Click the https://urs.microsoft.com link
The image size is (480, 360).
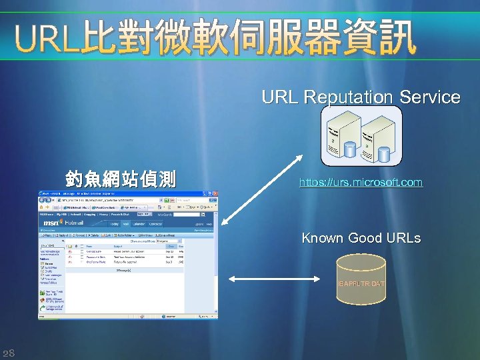pyautogui.click(x=361, y=182)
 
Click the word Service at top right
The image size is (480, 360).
pyautogui.click(x=430, y=97)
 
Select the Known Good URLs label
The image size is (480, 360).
pyautogui.click(x=361, y=238)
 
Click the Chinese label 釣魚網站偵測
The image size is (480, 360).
pyautogui.click(x=121, y=179)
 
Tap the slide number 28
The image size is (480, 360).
pyautogui.click(x=9, y=352)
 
